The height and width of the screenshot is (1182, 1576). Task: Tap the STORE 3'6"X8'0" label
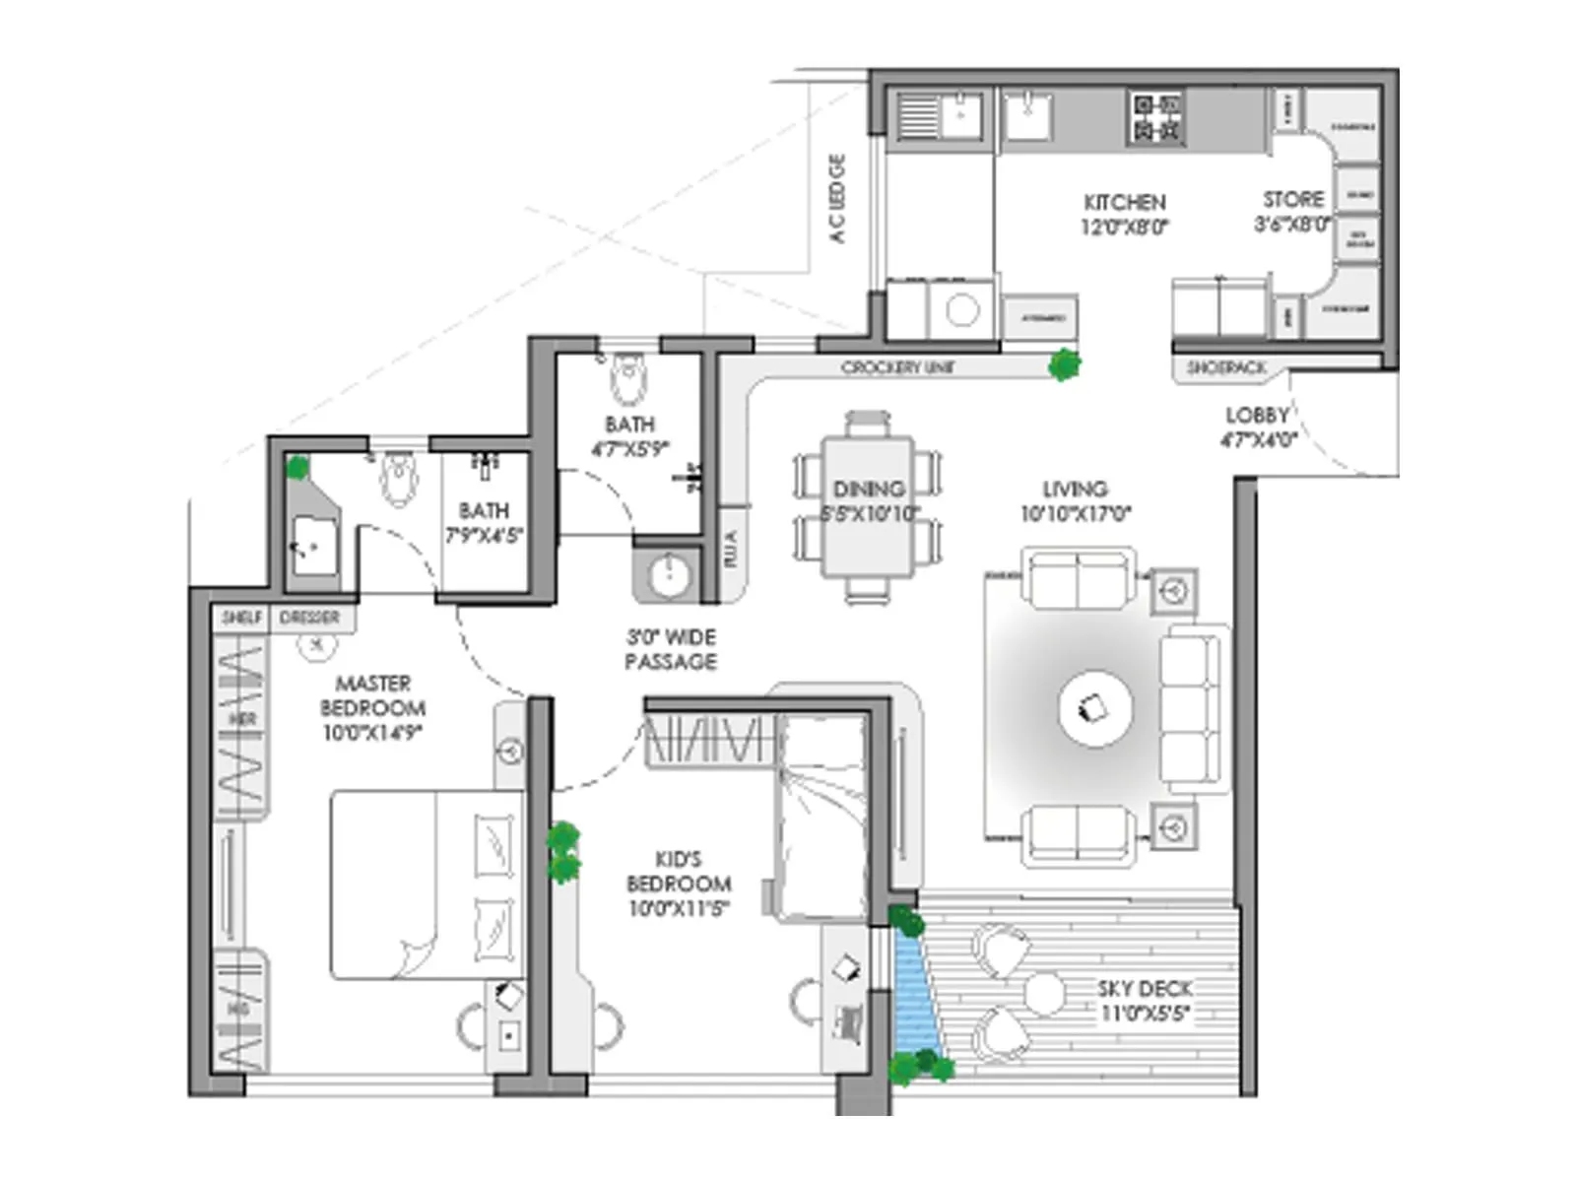pyautogui.click(x=1293, y=211)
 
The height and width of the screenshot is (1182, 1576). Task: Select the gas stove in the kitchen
pyautogui.click(x=1156, y=118)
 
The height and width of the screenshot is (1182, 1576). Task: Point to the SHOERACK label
pyautogui.click(x=1226, y=368)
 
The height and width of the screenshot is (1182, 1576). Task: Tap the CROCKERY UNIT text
pyautogui.click(x=897, y=367)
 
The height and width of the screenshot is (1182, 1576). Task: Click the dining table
pyautogui.click(x=868, y=507)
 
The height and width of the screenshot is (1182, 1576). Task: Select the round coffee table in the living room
pyautogui.click(x=1095, y=706)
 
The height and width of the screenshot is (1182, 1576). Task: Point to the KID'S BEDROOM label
pyautogui.click(x=679, y=884)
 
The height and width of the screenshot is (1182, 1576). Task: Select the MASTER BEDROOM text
pyautogui.click(x=372, y=707)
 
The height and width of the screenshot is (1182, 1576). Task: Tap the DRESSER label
pyautogui.click(x=309, y=618)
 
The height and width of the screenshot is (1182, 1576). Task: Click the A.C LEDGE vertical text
pyautogui.click(x=837, y=198)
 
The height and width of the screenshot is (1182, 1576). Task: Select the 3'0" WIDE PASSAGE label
pyautogui.click(x=671, y=649)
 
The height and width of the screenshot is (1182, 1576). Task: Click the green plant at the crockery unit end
pyautogui.click(x=1063, y=365)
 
